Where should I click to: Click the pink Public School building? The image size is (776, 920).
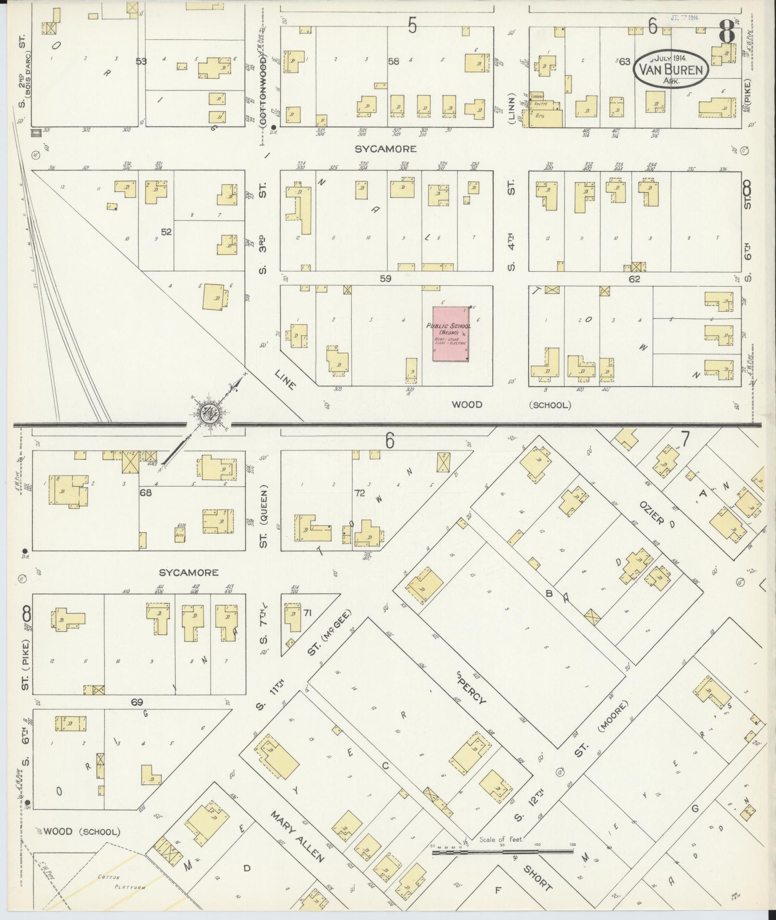[451, 333]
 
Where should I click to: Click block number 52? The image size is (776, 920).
[166, 232]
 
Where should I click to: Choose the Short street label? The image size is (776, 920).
[537, 878]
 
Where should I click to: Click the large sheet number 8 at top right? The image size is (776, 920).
[726, 31]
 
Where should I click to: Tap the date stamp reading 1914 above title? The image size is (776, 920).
[684, 17]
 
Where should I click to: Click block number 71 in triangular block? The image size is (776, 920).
[308, 612]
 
